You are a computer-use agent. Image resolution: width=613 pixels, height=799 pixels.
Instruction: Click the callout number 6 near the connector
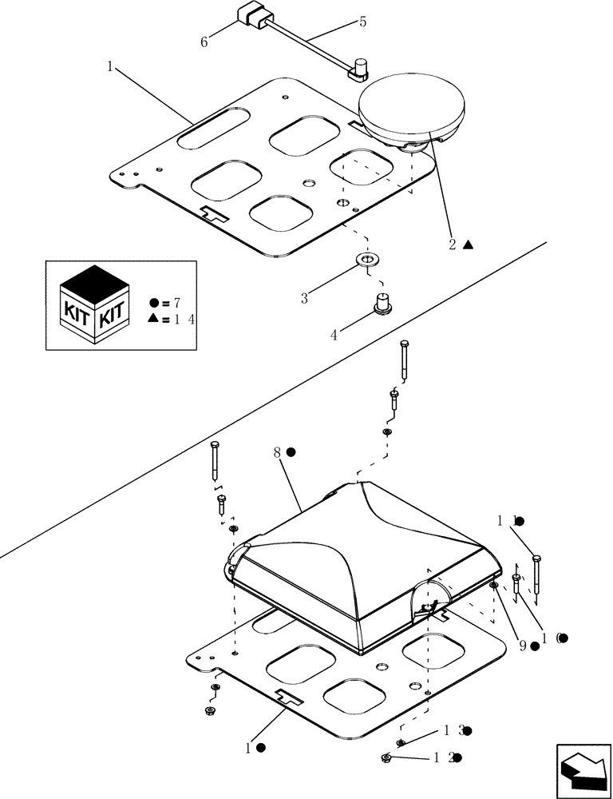click(204, 42)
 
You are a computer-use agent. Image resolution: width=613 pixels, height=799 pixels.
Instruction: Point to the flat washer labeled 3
click(367, 260)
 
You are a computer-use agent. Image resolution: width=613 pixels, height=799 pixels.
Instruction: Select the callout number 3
click(304, 299)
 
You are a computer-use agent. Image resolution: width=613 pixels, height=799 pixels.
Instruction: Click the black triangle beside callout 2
click(469, 245)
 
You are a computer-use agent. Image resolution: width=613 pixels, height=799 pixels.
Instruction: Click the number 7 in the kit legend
click(176, 303)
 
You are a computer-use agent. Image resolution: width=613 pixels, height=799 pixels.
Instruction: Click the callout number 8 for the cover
click(277, 452)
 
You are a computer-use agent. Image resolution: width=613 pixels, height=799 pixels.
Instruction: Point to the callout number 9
click(523, 646)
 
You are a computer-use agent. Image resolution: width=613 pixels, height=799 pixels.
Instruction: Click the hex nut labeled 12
click(386, 758)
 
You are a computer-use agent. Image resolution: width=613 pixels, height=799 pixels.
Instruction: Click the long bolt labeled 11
click(536, 574)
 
